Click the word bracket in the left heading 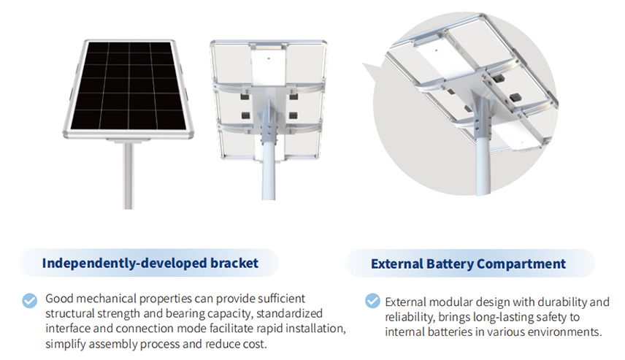234,263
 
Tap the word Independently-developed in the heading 124,264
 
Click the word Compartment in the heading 521,264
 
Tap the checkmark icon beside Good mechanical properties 29,301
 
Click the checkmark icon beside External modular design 372,301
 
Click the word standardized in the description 289,313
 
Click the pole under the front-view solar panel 128,175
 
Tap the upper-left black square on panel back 245,97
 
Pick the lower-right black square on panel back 293,115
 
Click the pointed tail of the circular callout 363,64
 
